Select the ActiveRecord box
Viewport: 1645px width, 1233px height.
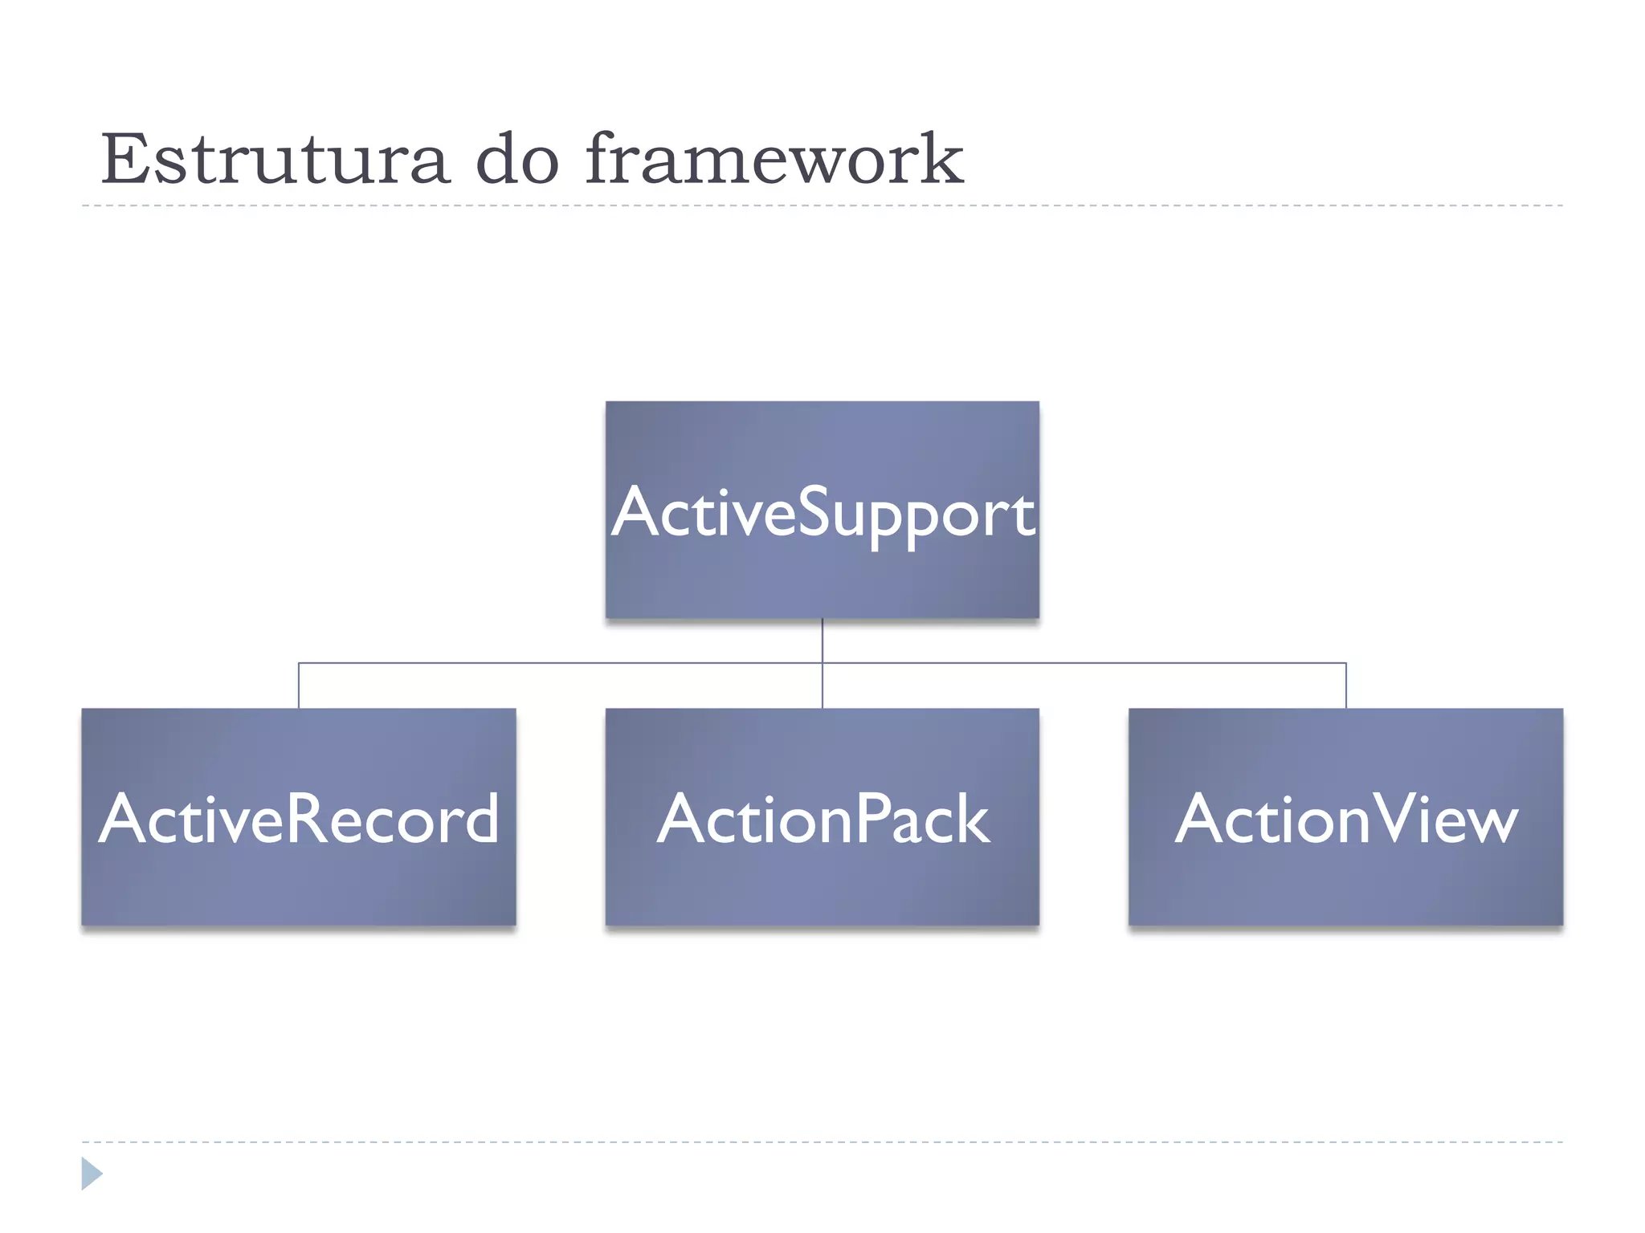[x=298, y=883]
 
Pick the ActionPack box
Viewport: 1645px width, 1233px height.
[x=822, y=883]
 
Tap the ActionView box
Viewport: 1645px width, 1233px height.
[x=1345, y=883]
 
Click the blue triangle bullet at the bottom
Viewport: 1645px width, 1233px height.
[x=91, y=1174]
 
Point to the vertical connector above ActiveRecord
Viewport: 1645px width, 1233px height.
[x=299, y=686]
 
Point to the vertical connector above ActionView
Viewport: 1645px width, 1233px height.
[x=1345, y=686]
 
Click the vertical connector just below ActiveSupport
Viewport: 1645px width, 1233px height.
[x=822, y=640]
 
